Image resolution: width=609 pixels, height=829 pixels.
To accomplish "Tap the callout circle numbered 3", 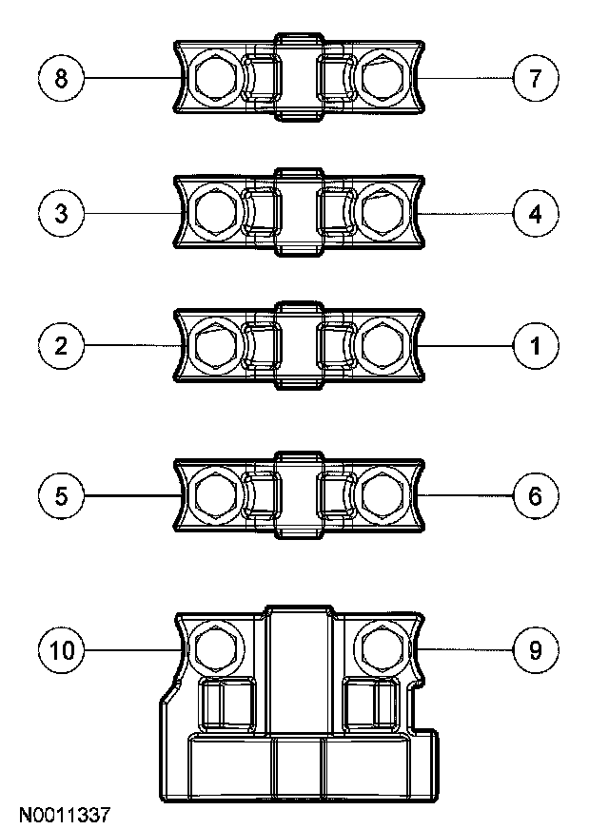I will pyautogui.click(x=62, y=212).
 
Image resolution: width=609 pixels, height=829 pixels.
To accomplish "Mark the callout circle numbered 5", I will pyautogui.click(x=62, y=495).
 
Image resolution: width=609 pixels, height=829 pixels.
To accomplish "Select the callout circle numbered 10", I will pyautogui.click(x=62, y=650).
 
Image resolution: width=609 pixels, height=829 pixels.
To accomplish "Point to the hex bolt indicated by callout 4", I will pyautogui.click(x=383, y=212).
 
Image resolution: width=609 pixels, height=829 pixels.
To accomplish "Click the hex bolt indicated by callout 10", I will pyautogui.click(x=213, y=648).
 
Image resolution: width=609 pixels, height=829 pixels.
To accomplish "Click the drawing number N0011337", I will pyautogui.click(x=65, y=815).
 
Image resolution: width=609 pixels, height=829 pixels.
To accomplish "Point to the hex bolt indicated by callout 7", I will pyautogui.click(x=383, y=77).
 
